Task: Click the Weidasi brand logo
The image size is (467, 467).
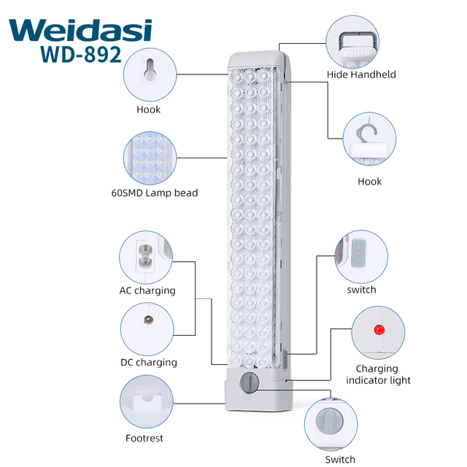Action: [80, 30]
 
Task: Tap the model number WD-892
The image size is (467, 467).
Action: [81, 55]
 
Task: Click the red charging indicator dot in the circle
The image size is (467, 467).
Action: [379, 330]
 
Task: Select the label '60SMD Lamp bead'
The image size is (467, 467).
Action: [155, 193]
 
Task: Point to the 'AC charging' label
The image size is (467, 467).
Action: [147, 290]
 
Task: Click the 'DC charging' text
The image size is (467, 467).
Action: [149, 362]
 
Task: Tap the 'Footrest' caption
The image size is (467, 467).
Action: [144, 438]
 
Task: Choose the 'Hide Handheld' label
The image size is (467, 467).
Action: [361, 74]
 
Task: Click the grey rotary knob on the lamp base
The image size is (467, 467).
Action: [250, 382]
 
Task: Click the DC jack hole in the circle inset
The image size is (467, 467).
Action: [148, 320]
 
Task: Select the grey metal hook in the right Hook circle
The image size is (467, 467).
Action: [367, 130]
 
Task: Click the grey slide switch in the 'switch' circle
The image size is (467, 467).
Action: [359, 252]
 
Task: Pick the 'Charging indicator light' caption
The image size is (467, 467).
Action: [378, 374]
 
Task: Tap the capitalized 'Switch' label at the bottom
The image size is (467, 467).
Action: [340, 459]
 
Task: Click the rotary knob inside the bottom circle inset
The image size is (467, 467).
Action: [329, 421]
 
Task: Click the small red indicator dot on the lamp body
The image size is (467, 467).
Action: [286, 381]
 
